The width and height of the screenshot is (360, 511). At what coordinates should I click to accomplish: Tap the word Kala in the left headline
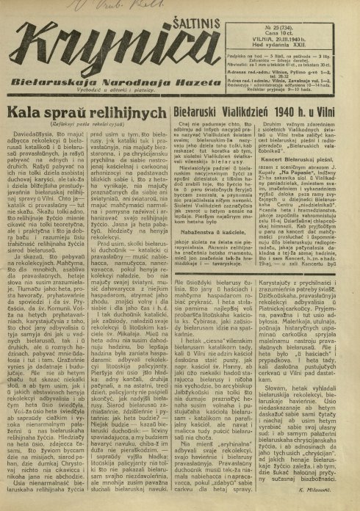tap(26, 114)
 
